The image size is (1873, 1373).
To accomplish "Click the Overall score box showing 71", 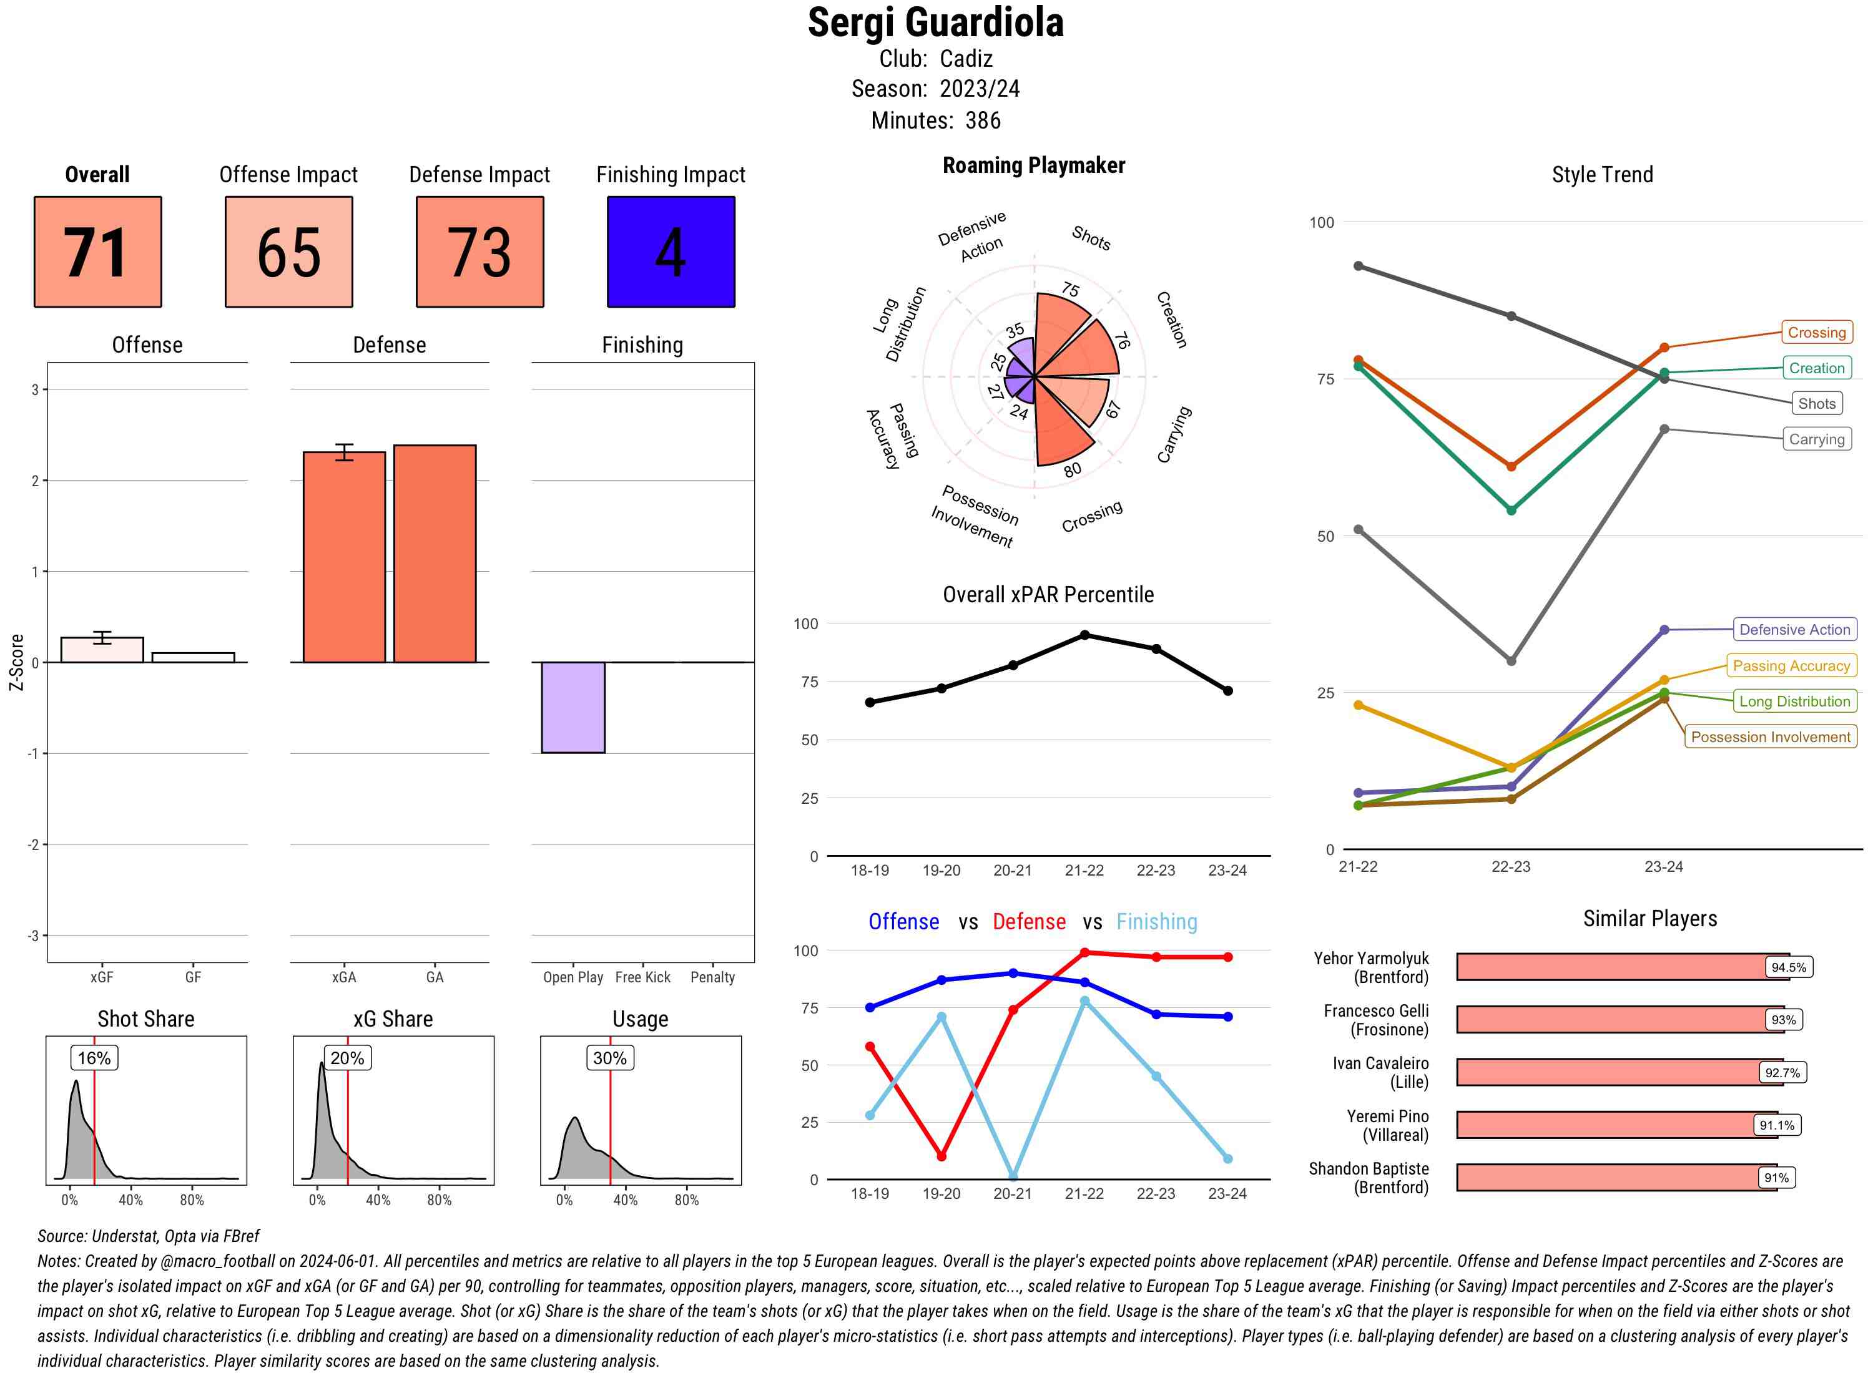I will [x=97, y=252].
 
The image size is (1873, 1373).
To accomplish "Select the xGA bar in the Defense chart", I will [x=344, y=557].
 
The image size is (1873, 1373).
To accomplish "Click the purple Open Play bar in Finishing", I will [x=573, y=707].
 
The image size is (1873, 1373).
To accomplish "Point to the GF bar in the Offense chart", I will [x=193, y=657].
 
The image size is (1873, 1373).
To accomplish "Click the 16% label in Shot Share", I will [x=94, y=1058].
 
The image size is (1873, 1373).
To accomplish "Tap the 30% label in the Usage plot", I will [x=609, y=1058].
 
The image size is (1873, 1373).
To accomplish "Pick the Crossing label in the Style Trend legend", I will [x=1816, y=333].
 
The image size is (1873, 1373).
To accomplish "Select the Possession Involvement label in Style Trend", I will [x=1770, y=737].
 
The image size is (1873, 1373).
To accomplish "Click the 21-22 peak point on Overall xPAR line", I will [x=1084, y=635].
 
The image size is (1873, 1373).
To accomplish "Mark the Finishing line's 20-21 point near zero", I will [x=1013, y=1177].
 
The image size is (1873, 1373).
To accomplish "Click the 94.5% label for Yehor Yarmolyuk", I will [x=1788, y=967].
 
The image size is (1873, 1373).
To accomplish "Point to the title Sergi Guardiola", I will [x=935, y=22].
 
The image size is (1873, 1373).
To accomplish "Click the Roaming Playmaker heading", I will [x=1033, y=165].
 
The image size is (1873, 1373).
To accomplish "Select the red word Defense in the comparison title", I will [x=1028, y=922].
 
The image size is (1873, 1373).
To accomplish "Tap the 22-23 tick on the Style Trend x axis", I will [x=1510, y=867].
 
